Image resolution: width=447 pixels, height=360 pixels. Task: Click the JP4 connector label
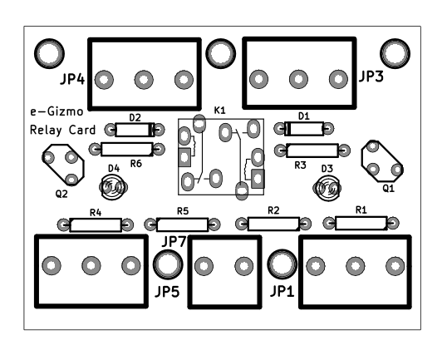(72, 79)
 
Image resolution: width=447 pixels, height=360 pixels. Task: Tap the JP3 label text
(371, 76)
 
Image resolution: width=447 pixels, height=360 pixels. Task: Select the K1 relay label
(220, 111)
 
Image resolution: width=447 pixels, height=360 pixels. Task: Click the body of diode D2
(135, 130)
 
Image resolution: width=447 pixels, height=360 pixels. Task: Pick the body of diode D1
(304, 129)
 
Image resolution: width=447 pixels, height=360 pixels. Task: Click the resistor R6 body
(126, 149)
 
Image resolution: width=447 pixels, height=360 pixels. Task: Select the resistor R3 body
(312, 150)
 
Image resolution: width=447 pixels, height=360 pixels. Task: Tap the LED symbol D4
(113, 187)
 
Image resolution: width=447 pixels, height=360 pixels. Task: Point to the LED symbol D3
(327, 188)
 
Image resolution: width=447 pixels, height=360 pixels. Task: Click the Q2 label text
(61, 195)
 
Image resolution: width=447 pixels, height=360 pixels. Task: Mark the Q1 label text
(388, 188)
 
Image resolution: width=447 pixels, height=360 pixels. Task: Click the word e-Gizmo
(56, 111)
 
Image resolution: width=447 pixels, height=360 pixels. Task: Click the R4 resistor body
(96, 225)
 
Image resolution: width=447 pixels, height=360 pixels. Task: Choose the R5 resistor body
(183, 224)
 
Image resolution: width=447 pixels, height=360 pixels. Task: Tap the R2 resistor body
(273, 224)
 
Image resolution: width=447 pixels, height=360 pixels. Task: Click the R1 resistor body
(361, 223)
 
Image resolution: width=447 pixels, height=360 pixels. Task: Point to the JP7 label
(174, 242)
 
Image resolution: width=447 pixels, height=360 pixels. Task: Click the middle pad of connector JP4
(144, 80)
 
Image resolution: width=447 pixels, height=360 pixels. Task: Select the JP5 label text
(167, 292)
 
